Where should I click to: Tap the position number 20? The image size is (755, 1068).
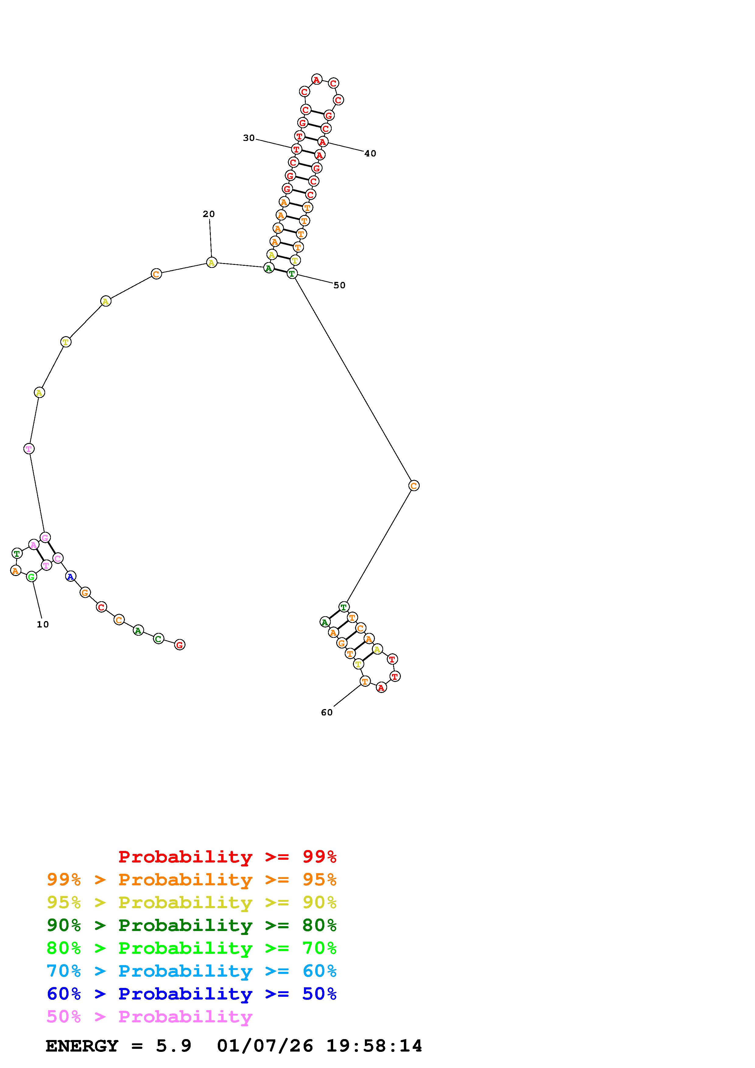(209, 214)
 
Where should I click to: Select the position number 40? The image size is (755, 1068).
(370, 153)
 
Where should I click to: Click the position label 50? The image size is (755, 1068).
(340, 285)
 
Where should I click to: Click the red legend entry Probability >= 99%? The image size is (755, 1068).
(228, 856)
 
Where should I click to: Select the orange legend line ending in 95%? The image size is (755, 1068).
(192, 879)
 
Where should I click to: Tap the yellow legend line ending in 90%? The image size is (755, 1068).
(192, 902)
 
